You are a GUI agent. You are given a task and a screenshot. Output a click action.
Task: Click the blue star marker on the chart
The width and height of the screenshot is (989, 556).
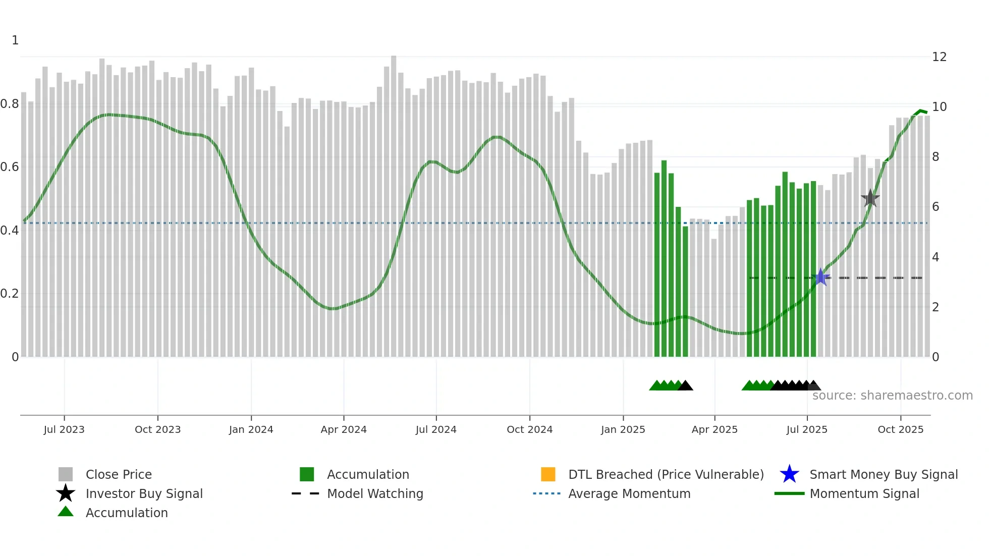point(821,277)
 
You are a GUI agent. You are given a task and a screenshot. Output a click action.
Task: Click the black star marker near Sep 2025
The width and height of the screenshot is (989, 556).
point(870,198)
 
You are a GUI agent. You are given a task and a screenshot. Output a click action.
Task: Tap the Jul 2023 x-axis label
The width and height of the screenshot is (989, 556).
point(64,429)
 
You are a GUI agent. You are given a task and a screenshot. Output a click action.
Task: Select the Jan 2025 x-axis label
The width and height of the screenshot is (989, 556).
point(623,429)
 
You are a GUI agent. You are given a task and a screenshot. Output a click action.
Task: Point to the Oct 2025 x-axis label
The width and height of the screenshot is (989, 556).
point(900,429)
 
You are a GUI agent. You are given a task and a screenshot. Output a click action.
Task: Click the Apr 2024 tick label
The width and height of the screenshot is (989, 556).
point(344,429)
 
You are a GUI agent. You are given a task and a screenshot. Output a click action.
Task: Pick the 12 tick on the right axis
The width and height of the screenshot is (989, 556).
point(939,57)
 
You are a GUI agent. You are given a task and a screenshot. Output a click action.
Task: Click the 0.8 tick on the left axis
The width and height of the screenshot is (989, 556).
point(10,104)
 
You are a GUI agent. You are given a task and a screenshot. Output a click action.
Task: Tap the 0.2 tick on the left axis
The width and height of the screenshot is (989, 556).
point(10,294)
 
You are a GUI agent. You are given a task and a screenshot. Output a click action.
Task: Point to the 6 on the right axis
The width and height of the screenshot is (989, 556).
point(936,207)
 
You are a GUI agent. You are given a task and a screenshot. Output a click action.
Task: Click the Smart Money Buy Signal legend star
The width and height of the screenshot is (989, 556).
point(789,474)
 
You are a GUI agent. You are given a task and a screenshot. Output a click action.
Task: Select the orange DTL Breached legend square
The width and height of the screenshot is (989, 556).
point(548,474)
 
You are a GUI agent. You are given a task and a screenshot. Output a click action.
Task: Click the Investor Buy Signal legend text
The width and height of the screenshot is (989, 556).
point(144,493)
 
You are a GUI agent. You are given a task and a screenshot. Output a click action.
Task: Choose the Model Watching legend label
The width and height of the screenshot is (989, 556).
point(375,493)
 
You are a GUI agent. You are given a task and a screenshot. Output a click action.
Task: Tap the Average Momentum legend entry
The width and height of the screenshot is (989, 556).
point(629,493)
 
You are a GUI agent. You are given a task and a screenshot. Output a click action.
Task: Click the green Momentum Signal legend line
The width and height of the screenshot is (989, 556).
point(789,493)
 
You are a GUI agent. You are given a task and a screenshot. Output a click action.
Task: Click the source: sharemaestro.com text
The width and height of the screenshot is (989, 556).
point(892,396)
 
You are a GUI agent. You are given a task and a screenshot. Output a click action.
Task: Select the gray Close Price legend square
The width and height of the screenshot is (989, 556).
point(66,474)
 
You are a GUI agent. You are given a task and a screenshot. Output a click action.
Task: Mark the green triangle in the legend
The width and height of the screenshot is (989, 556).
point(66,512)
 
